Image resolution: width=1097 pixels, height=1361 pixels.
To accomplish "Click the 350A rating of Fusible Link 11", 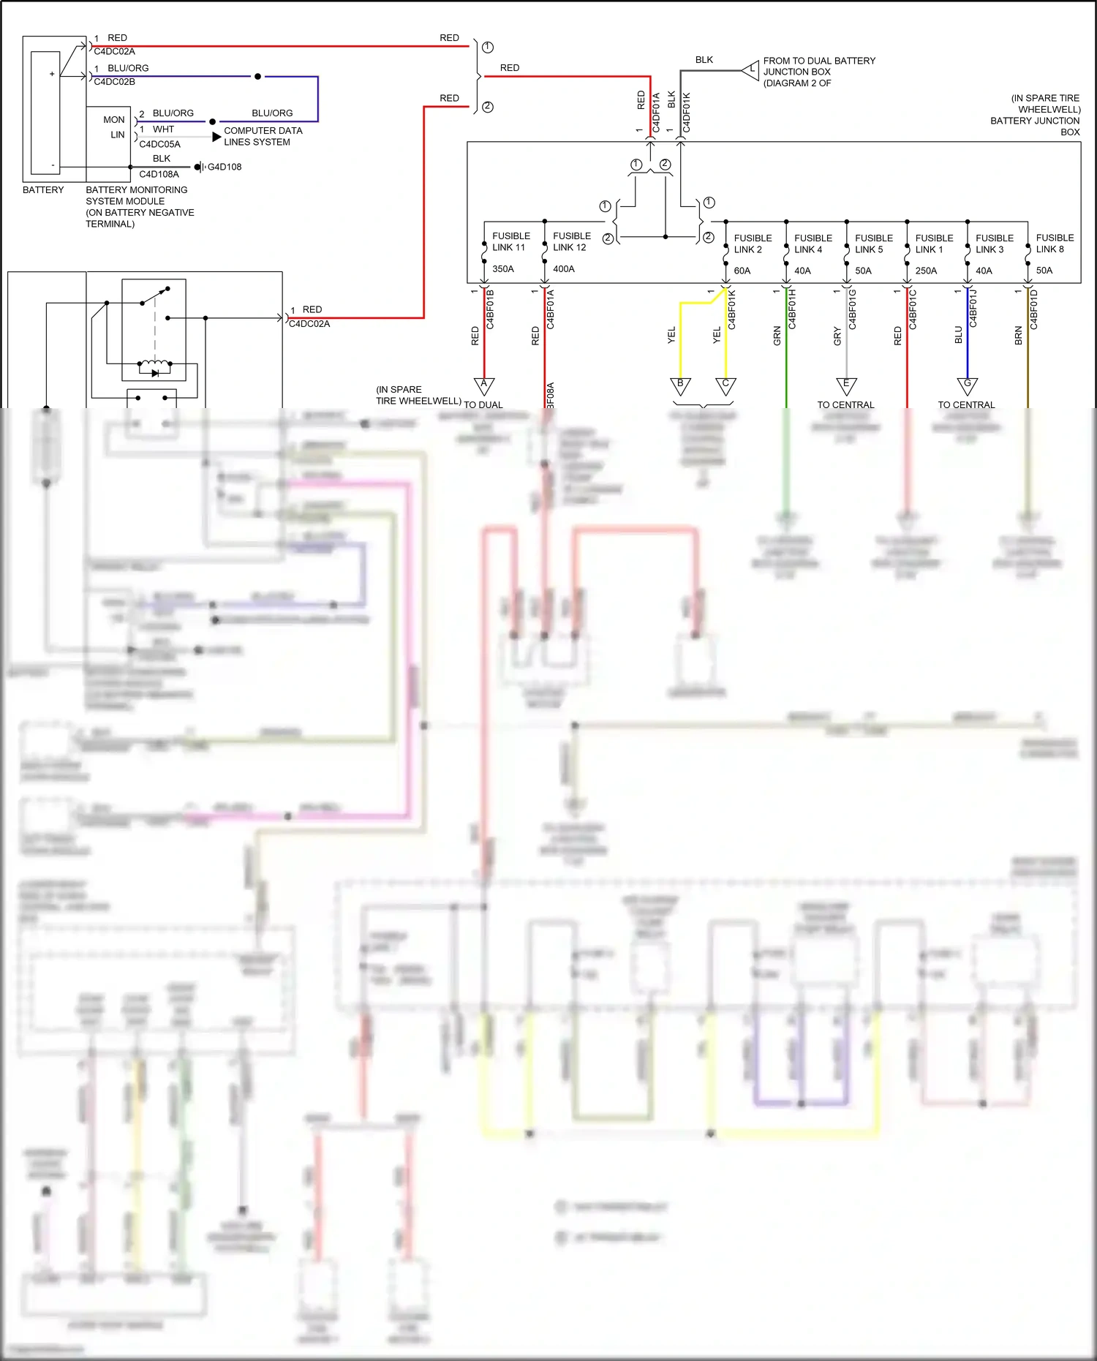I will [x=502, y=269].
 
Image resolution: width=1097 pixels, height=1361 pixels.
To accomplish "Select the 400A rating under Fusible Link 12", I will [x=563, y=269].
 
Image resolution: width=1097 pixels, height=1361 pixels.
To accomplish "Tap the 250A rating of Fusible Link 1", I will [x=926, y=271].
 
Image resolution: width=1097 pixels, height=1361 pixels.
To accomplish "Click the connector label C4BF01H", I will [x=792, y=309].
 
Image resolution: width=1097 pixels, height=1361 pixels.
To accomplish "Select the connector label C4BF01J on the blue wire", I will [x=973, y=308].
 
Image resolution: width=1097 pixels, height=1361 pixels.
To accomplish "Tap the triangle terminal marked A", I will [x=484, y=385].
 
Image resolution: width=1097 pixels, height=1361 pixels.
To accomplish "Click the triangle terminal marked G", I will [x=968, y=385].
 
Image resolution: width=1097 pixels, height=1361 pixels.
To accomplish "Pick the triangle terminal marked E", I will [x=846, y=385].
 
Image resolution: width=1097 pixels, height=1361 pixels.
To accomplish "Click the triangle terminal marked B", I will [x=680, y=385].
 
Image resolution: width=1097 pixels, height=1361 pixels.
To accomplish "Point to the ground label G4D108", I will [x=225, y=167].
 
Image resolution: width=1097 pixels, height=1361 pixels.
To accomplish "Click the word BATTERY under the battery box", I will [x=43, y=190].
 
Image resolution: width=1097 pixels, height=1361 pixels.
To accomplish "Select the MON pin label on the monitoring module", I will [x=113, y=120].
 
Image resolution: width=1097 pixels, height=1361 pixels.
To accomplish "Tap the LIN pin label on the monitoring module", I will [x=117, y=135].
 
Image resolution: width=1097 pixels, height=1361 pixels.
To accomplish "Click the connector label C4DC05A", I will [x=159, y=145].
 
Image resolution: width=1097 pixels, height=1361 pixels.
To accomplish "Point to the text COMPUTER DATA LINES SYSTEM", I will [x=263, y=137].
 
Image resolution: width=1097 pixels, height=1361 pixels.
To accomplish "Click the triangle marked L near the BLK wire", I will [x=751, y=71].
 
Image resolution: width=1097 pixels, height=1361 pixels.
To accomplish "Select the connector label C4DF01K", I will [x=687, y=113].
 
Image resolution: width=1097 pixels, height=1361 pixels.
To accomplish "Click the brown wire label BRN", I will [x=1018, y=336].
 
